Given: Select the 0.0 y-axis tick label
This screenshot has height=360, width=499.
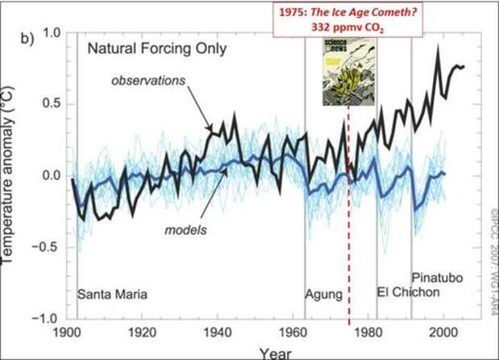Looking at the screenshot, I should tap(54, 176).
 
